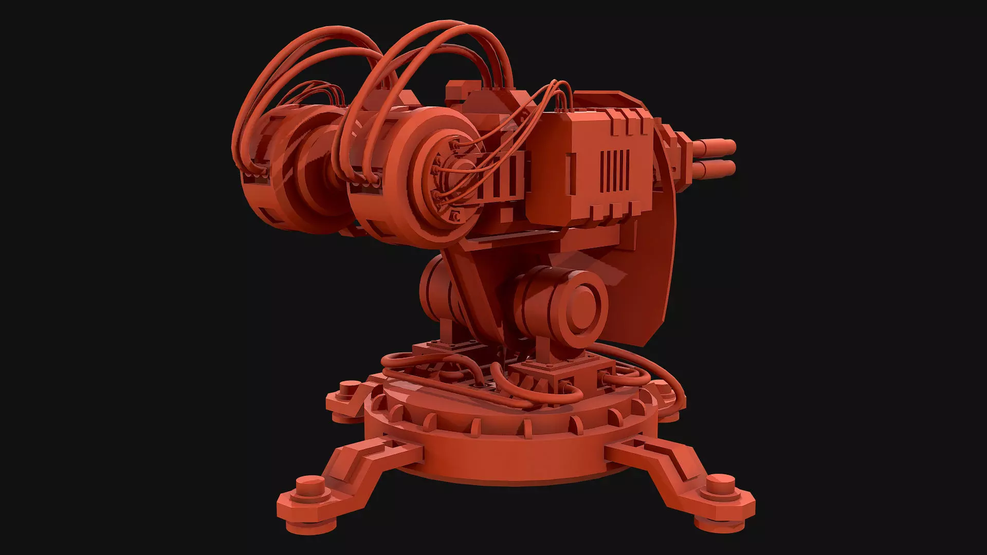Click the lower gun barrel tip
click(x=730, y=167)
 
